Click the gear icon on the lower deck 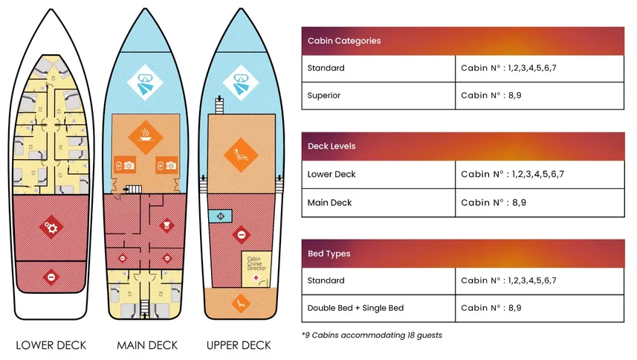(51, 228)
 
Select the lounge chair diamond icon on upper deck (242, 152)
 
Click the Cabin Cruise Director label (255, 263)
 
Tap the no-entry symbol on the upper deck (241, 236)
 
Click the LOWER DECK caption (51, 345)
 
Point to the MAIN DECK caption (146, 345)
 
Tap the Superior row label (325, 95)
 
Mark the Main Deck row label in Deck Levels (331, 202)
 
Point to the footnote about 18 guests (372, 335)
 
